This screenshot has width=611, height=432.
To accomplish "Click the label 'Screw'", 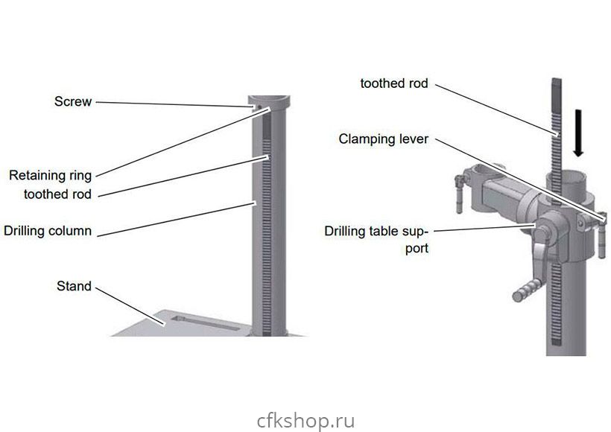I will pos(72,102).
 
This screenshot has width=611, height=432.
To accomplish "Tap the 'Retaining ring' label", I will pos(50,176).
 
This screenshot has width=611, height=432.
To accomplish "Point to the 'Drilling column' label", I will pos(48,230).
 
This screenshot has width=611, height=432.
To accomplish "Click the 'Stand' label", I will pos(74,286).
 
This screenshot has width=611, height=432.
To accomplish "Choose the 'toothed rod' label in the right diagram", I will pos(394,83).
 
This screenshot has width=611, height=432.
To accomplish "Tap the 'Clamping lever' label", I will pos(383,139).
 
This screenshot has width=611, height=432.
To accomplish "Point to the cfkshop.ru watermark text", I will pos(305,421).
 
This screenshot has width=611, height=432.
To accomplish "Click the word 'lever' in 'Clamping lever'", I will pos(412,139).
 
